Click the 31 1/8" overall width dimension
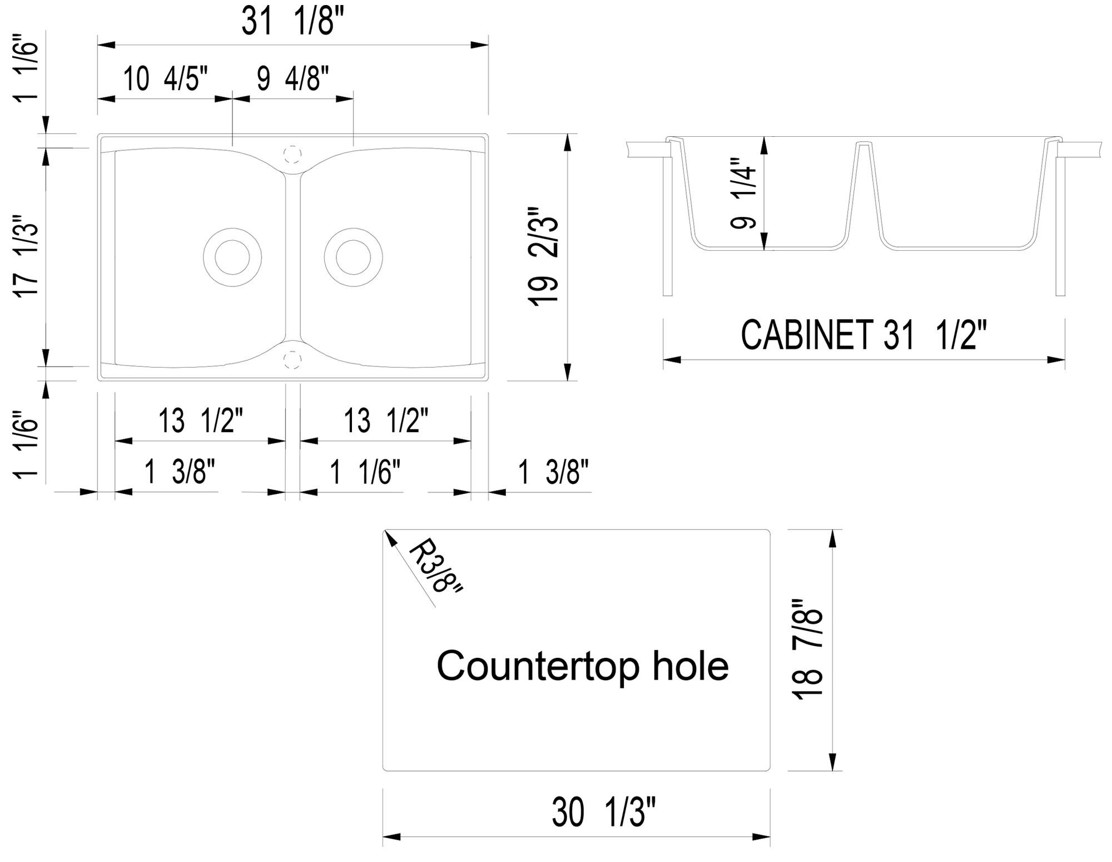tap(293, 23)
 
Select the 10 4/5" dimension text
tap(165, 78)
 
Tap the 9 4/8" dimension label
tap(293, 78)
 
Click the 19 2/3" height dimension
tap(543, 257)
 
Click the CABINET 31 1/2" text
tap(863, 335)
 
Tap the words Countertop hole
tap(582, 666)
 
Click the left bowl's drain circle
tap(232, 257)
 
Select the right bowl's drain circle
tap(353, 257)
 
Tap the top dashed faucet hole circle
tap(292, 154)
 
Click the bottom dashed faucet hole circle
tap(292, 360)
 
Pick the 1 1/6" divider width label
tap(365, 472)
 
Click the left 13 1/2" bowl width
tap(201, 420)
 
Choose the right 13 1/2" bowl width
tap(386, 420)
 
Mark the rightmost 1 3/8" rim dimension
tap(553, 472)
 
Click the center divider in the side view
tap(863, 184)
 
